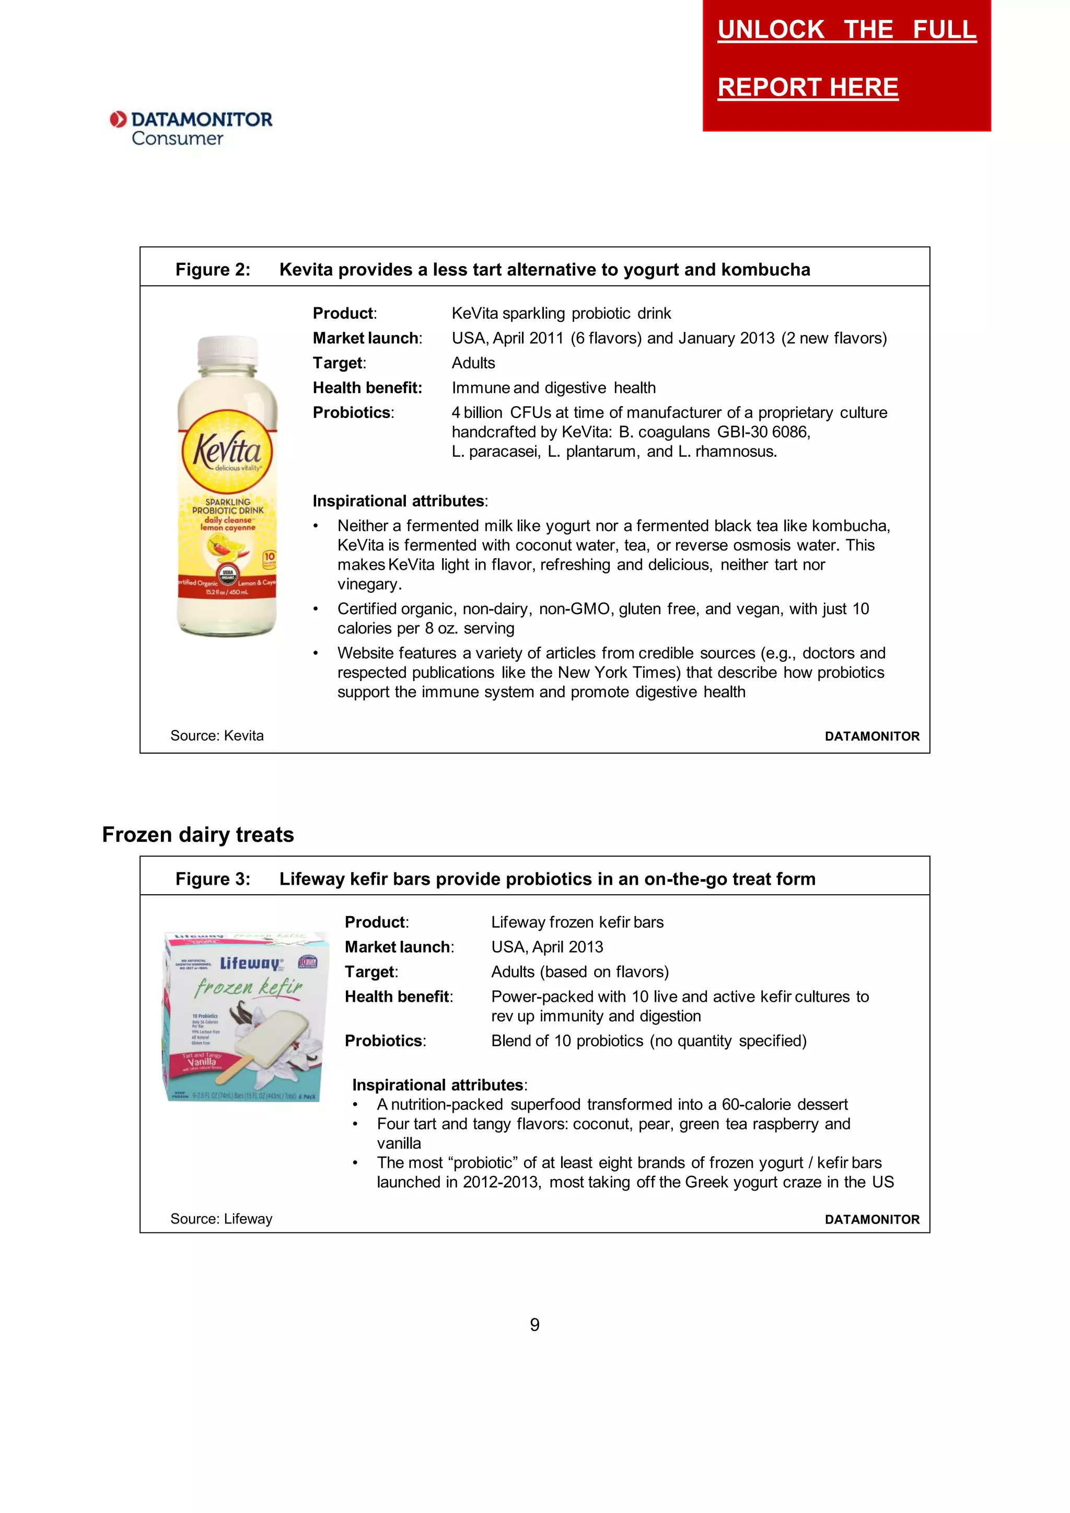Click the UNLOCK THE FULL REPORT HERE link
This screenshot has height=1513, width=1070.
point(846,58)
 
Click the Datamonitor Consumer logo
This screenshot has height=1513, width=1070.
point(191,128)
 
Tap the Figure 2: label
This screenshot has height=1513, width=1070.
point(213,270)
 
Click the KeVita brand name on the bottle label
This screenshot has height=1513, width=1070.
point(227,449)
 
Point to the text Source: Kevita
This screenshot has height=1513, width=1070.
point(217,735)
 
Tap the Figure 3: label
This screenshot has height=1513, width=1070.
point(213,879)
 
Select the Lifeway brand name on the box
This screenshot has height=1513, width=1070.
point(250,963)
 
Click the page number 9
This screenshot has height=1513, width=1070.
point(534,1324)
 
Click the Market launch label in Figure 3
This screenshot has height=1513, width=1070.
point(399,947)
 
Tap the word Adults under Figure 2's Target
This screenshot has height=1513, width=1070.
point(473,363)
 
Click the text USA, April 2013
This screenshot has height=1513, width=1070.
point(547,947)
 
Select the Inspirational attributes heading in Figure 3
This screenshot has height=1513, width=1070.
point(439,1084)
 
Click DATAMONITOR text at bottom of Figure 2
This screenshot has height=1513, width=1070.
point(871,736)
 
